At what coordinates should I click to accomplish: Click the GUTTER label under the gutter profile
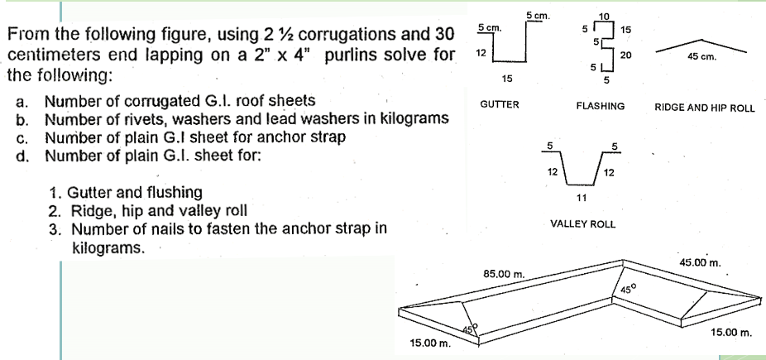click(499, 105)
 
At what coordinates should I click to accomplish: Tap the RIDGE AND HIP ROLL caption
click(704, 108)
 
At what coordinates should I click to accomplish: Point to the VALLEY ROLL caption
click(582, 224)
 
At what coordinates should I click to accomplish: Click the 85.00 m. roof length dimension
click(503, 274)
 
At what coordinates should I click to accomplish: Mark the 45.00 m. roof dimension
click(700, 263)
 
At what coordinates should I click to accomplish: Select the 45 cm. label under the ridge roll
click(701, 57)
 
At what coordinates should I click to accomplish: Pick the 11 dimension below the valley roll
click(581, 197)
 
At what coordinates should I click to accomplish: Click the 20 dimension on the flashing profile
click(625, 53)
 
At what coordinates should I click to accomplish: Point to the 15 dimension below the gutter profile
click(506, 79)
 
